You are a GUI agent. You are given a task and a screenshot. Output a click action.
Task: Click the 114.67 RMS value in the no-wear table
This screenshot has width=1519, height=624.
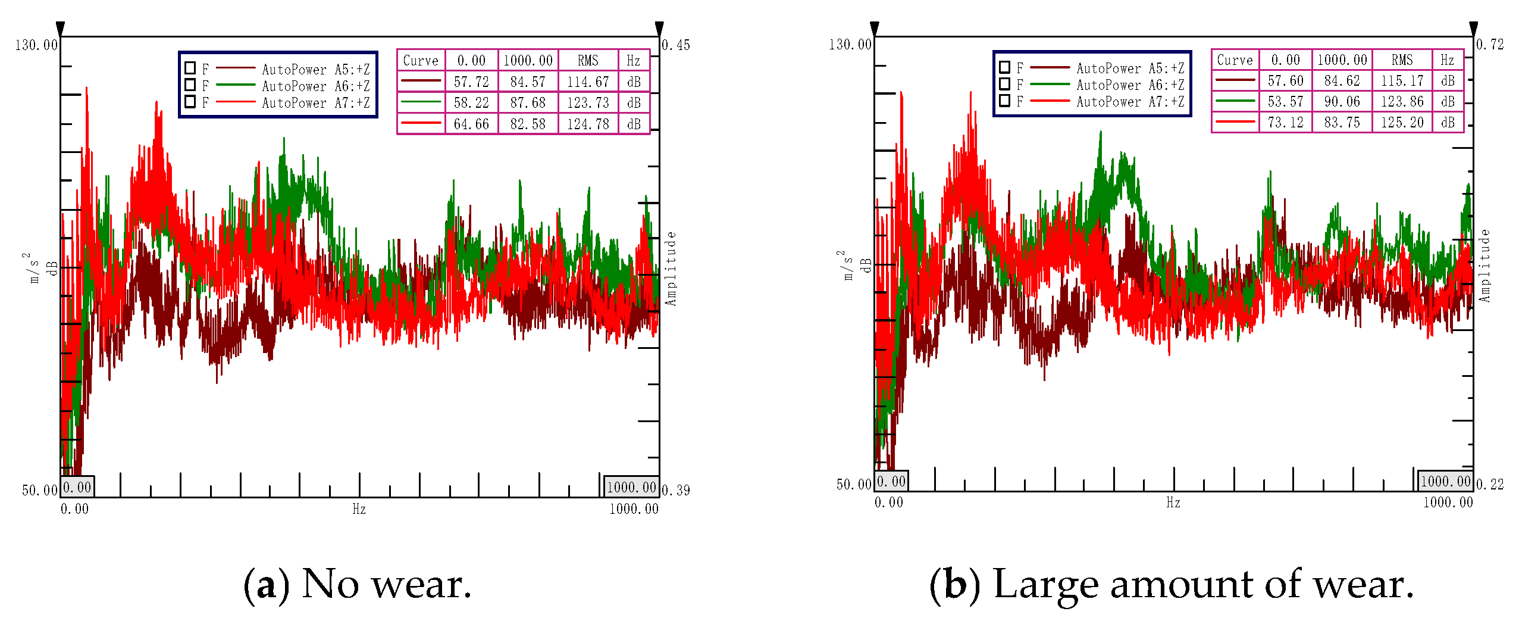588,82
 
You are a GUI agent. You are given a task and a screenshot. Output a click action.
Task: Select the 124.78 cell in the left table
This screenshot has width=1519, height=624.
588,124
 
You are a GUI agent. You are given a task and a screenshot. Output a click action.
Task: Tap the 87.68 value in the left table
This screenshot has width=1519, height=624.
528,102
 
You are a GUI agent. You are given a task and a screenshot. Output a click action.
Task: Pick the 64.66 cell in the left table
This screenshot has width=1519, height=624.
471,124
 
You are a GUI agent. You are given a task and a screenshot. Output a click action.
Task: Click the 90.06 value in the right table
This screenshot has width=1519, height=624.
1342,101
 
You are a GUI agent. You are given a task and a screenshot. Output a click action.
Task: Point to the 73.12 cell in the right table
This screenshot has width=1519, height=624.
1285,122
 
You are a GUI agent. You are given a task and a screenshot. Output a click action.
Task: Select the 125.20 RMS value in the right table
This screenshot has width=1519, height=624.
1402,122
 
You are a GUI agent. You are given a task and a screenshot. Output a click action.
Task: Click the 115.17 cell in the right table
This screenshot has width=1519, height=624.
1402,80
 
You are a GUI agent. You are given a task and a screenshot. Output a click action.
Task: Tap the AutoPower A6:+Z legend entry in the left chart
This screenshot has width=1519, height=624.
315,86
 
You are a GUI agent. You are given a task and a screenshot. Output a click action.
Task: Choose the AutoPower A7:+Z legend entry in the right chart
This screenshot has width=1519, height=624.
1130,102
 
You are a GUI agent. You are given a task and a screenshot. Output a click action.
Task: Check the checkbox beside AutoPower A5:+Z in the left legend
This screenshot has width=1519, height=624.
190,68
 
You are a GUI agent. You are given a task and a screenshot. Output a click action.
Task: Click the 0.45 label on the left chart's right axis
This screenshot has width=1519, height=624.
676,45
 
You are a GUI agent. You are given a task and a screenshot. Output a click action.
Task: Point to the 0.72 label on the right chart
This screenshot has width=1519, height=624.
1490,45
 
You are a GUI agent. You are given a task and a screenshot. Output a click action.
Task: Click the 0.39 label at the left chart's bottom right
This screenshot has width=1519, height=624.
676,490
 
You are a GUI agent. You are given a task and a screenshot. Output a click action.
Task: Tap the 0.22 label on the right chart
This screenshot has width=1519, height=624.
1490,485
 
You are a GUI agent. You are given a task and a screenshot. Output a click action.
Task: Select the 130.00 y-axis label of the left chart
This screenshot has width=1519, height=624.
36,45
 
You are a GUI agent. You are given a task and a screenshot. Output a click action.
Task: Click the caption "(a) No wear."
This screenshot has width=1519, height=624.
357,585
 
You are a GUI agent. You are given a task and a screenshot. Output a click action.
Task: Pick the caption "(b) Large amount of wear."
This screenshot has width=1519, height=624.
1171,585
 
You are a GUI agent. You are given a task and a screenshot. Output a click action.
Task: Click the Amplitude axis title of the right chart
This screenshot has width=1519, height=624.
1485,266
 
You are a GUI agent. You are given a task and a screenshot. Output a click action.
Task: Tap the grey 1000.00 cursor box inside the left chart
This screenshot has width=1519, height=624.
631,487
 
